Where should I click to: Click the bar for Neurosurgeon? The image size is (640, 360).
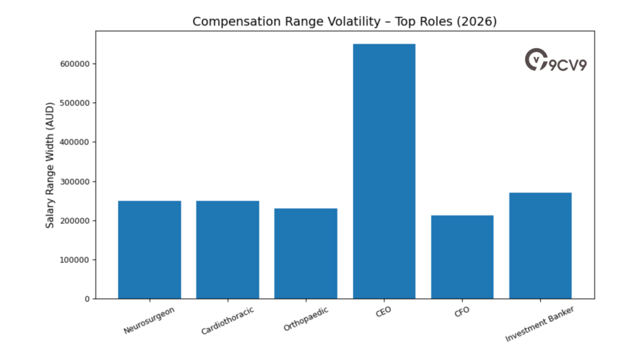pos(149,249)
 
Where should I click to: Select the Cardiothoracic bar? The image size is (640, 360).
pos(227,249)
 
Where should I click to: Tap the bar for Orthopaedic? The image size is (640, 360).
pos(306,253)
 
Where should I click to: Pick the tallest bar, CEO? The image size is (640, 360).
pos(384,171)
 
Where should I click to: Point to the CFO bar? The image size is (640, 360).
pos(462,257)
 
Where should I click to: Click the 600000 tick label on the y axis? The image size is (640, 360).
pos(74,64)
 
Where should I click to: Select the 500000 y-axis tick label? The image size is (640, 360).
pos(74,103)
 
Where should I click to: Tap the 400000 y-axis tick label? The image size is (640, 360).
pos(74,142)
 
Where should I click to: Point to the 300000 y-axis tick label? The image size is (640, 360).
pos(74,181)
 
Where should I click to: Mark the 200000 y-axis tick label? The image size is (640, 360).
pos(74,221)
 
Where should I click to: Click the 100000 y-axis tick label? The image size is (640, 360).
pos(74,260)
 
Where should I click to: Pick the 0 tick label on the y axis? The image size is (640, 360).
pos(87,299)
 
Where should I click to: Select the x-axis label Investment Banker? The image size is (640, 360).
pos(538,323)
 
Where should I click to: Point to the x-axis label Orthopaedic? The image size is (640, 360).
pos(306,318)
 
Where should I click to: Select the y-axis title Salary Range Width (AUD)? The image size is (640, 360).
pos(50,165)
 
